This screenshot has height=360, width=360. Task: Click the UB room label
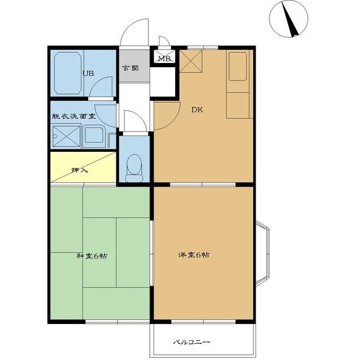pos(88,73)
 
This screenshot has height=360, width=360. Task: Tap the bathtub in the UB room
pos(68,73)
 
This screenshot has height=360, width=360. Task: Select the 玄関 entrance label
pos(131,68)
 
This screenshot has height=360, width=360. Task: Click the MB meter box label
pos(164,59)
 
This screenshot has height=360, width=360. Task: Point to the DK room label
pos(197,110)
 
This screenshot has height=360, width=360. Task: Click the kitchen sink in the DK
pos(238,67)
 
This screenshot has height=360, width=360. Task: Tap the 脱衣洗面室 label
pos(73,116)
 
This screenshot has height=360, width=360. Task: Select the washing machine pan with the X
pos(67,136)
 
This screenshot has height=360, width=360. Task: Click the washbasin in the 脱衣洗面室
pos(94,136)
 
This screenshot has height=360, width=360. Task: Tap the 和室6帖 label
pos(92,256)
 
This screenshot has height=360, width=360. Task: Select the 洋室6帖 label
pos(194,255)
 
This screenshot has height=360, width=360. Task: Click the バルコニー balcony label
pos(191,343)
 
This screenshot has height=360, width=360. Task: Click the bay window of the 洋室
pos(262,253)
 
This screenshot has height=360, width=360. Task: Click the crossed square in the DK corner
pos(191,61)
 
